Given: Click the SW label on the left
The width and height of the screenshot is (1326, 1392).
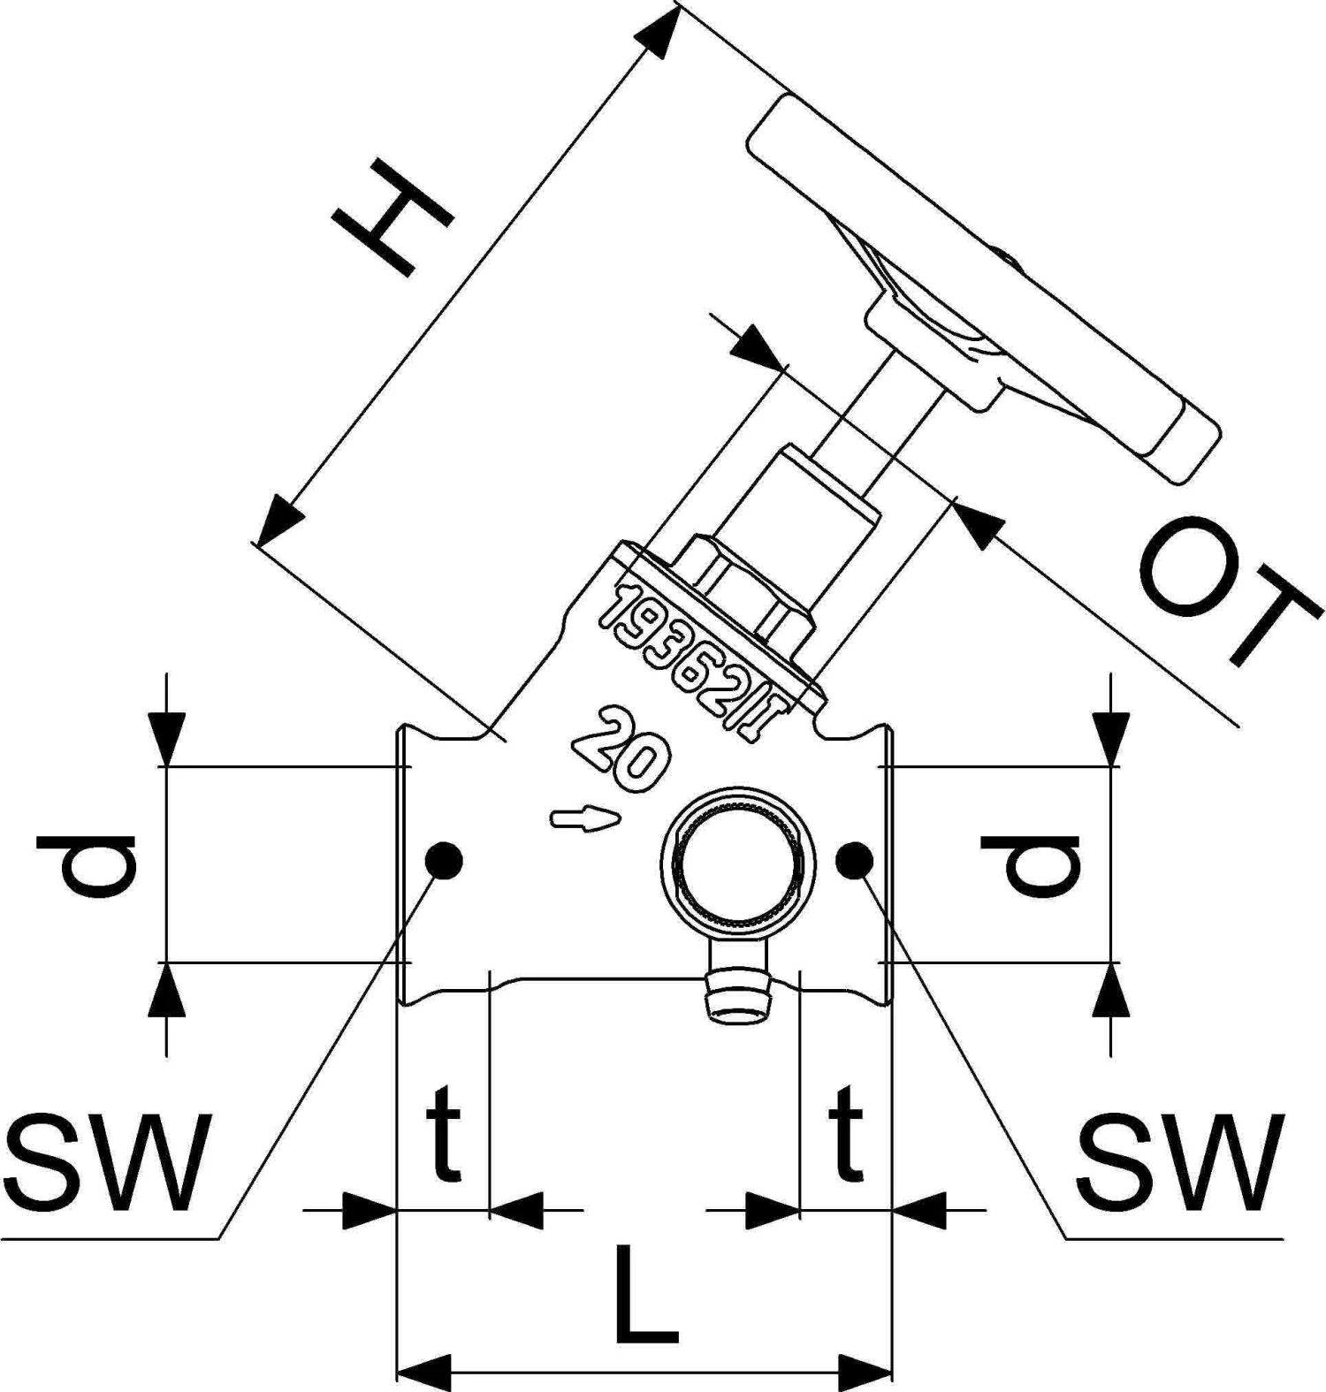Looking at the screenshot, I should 106,1162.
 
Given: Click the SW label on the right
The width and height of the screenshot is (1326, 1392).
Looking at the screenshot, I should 1180,1162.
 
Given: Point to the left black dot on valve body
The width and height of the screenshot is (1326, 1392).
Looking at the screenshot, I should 443,860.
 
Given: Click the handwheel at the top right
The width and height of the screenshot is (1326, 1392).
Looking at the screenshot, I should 981,292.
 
